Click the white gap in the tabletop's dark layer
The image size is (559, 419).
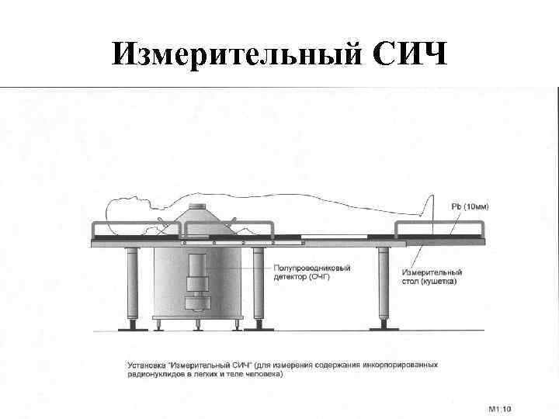[x=333, y=236]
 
